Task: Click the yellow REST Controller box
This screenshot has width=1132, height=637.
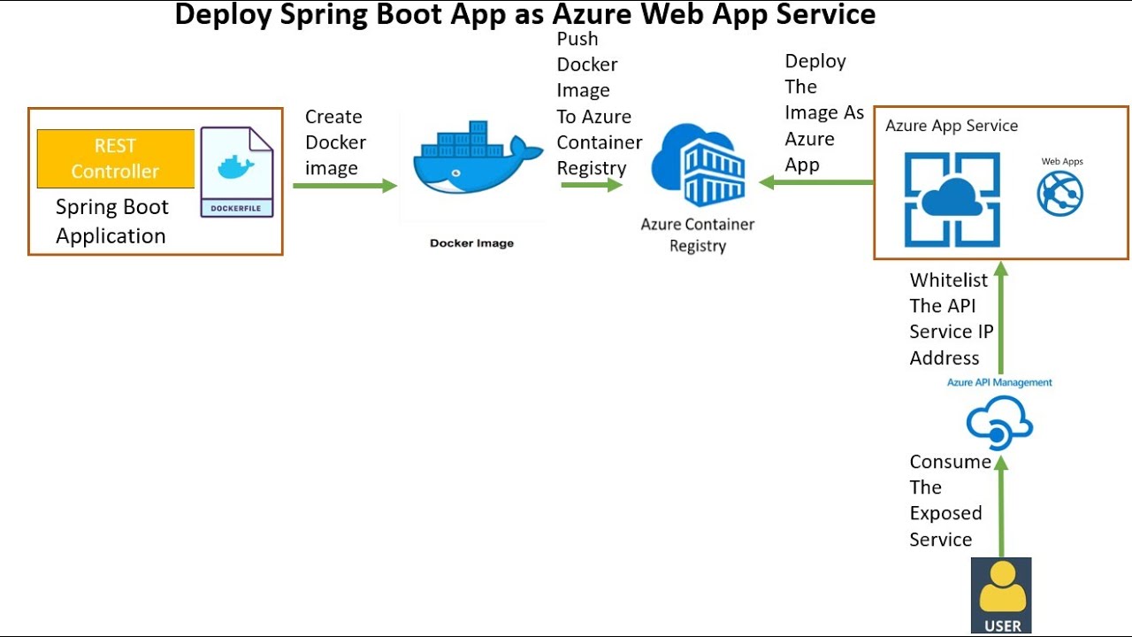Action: [x=115, y=159]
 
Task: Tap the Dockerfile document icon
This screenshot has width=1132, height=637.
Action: [x=236, y=173]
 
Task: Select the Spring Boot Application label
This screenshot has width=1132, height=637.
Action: [x=111, y=221]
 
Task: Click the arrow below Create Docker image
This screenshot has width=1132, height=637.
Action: [x=345, y=186]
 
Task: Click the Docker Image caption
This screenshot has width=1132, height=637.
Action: [x=471, y=243]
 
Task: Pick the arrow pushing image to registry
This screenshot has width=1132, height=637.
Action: [x=592, y=185]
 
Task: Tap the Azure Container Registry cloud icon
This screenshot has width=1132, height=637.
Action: [x=699, y=165]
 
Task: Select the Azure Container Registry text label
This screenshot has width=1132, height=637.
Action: [x=698, y=235]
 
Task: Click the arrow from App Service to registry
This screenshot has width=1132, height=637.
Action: [x=815, y=183]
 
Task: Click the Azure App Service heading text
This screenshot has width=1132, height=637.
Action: [x=952, y=126]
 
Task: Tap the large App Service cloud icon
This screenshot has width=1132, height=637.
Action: [x=952, y=199]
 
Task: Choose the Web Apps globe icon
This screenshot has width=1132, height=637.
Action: [x=1060, y=194]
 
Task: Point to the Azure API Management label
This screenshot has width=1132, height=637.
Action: [x=999, y=382]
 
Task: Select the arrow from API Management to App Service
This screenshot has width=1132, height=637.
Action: [x=1000, y=318]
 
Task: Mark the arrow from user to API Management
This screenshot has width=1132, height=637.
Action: [x=1001, y=504]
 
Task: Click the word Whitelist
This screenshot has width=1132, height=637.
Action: [x=949, y=280]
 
